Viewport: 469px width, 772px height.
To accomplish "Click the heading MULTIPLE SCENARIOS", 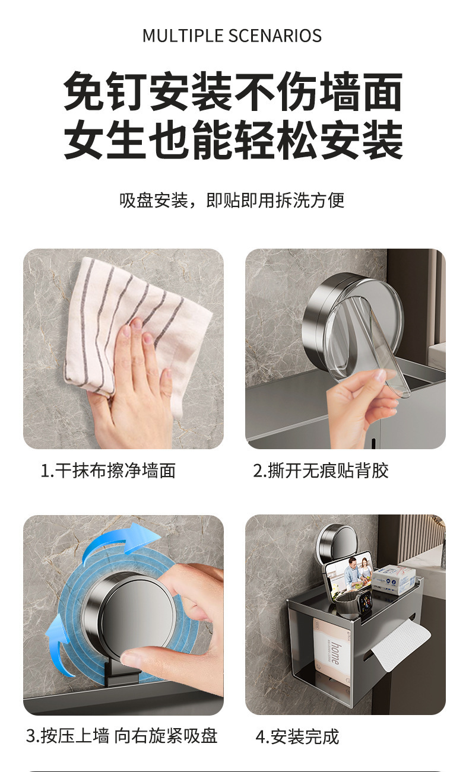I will coord(232,36).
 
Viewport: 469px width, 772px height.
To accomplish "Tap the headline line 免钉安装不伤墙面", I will coord(233,92).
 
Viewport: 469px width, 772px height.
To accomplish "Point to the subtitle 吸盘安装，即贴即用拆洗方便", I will coord(232,201).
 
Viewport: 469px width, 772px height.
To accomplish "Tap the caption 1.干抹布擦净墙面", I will coord(109,471).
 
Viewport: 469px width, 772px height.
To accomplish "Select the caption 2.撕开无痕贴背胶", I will coord(321,471).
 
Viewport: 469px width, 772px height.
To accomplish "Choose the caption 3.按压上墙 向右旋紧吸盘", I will coord(122,736).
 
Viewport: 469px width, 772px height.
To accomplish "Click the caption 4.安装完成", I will coord(297,737).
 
